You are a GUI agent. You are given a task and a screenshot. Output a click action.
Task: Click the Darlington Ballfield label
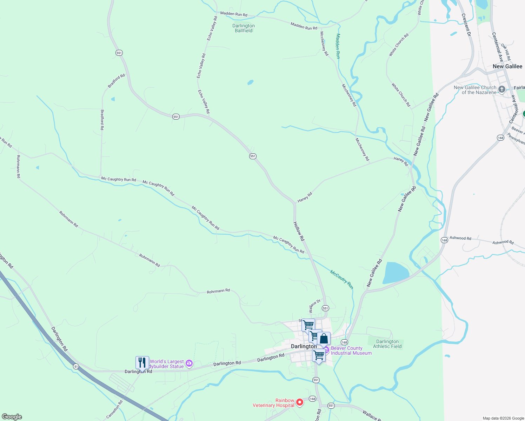[x=244, y=28]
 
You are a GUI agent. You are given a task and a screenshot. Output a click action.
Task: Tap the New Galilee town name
[x=507, y=66]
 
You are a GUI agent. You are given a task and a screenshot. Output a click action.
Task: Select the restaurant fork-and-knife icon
[x=142, y=362]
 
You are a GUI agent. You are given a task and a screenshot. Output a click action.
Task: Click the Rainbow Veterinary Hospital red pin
[x=300, y=402]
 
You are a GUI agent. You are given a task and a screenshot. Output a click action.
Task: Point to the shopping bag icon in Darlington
[x=324, y=339]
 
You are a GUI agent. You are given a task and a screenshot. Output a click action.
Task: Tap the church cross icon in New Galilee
[x=502, y=89]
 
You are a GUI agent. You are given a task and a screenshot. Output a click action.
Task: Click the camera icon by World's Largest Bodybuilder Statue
[x=189, y=363]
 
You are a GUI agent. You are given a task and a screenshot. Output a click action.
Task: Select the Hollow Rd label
[x=299, y=231]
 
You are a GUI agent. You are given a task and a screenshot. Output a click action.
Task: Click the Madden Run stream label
[x=338, y=46]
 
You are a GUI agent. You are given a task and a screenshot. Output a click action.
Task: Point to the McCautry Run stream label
[x=341, y=279]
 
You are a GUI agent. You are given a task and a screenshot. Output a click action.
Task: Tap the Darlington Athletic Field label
[x=387, y=344]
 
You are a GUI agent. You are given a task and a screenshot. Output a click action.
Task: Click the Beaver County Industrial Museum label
[x=351, y=350]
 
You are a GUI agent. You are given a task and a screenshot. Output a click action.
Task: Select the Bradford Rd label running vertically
[x=102, y=120]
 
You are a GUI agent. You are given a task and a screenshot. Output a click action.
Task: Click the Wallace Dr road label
[x=314, y=306]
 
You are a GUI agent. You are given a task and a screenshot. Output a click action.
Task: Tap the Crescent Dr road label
[x=466, y=25]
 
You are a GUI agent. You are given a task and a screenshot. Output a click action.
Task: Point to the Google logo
[x=12, y=417]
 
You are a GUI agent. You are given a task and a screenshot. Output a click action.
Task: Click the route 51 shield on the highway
[x=76, y=366]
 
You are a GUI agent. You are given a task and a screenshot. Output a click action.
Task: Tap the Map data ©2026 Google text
[x=503, y=418]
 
